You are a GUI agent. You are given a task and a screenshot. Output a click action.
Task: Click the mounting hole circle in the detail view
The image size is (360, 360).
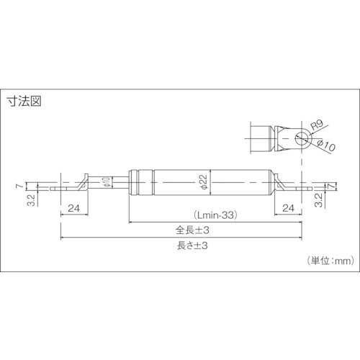coord(299,138)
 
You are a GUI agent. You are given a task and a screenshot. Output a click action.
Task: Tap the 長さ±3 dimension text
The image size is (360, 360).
coord(186,246)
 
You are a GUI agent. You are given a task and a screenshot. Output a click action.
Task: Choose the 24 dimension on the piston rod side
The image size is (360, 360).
coord(73,209)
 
